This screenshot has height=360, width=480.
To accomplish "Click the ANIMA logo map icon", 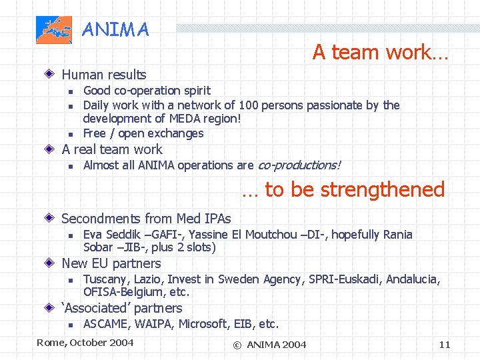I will pos(54,30).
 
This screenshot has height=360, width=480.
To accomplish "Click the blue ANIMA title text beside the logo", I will pos(115,30).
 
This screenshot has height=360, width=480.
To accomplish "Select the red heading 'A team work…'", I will pos(380,52).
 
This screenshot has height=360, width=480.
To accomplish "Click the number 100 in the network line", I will pos(251,105).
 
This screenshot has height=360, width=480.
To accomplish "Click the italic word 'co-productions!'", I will pos(299,165).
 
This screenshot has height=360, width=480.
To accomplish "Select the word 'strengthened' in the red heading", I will pos(382,189).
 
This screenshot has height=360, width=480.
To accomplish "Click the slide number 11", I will pos(445,345).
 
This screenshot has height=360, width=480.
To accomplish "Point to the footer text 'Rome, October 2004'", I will pos(85,343).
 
